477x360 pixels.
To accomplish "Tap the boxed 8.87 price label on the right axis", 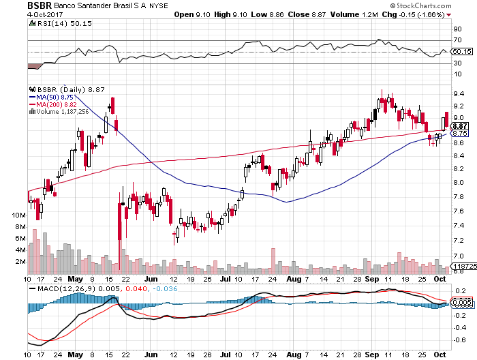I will click(x=460, y=126).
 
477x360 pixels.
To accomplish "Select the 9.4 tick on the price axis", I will click(x=459, y=94).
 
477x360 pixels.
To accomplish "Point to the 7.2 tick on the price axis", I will click(x=459, y=240).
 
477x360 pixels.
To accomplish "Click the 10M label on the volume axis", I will click(x=19, y=215).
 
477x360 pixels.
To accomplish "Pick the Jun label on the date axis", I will click(x=151, y=279).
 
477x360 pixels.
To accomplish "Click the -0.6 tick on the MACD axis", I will click(x=460, y=339).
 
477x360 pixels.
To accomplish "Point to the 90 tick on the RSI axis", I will click(x=457, y=29).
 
